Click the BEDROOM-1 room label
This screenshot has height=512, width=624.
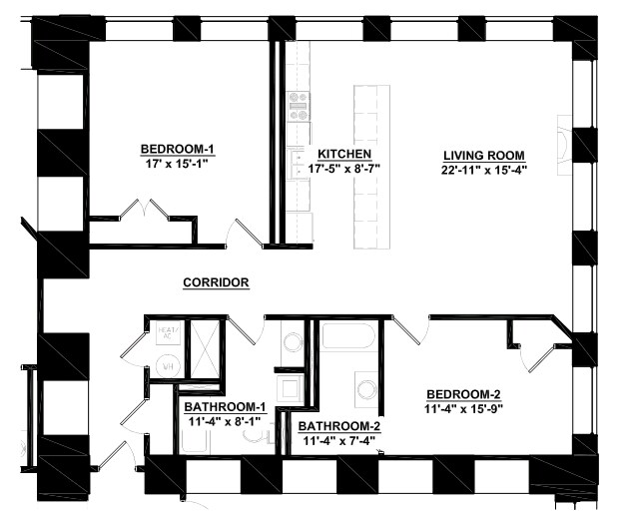178,151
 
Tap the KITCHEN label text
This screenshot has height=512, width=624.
344,155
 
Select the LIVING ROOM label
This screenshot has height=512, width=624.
484,155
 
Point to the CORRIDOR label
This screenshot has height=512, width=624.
216,282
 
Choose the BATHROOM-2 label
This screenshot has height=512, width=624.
339,425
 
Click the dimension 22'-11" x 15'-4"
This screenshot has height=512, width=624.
484,169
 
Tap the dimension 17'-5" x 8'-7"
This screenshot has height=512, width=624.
344,169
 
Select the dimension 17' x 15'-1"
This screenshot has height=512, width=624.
178,166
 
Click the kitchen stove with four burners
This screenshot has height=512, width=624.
299,106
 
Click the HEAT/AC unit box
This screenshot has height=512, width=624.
168,333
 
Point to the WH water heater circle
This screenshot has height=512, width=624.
168,367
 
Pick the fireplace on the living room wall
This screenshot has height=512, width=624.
565,141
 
